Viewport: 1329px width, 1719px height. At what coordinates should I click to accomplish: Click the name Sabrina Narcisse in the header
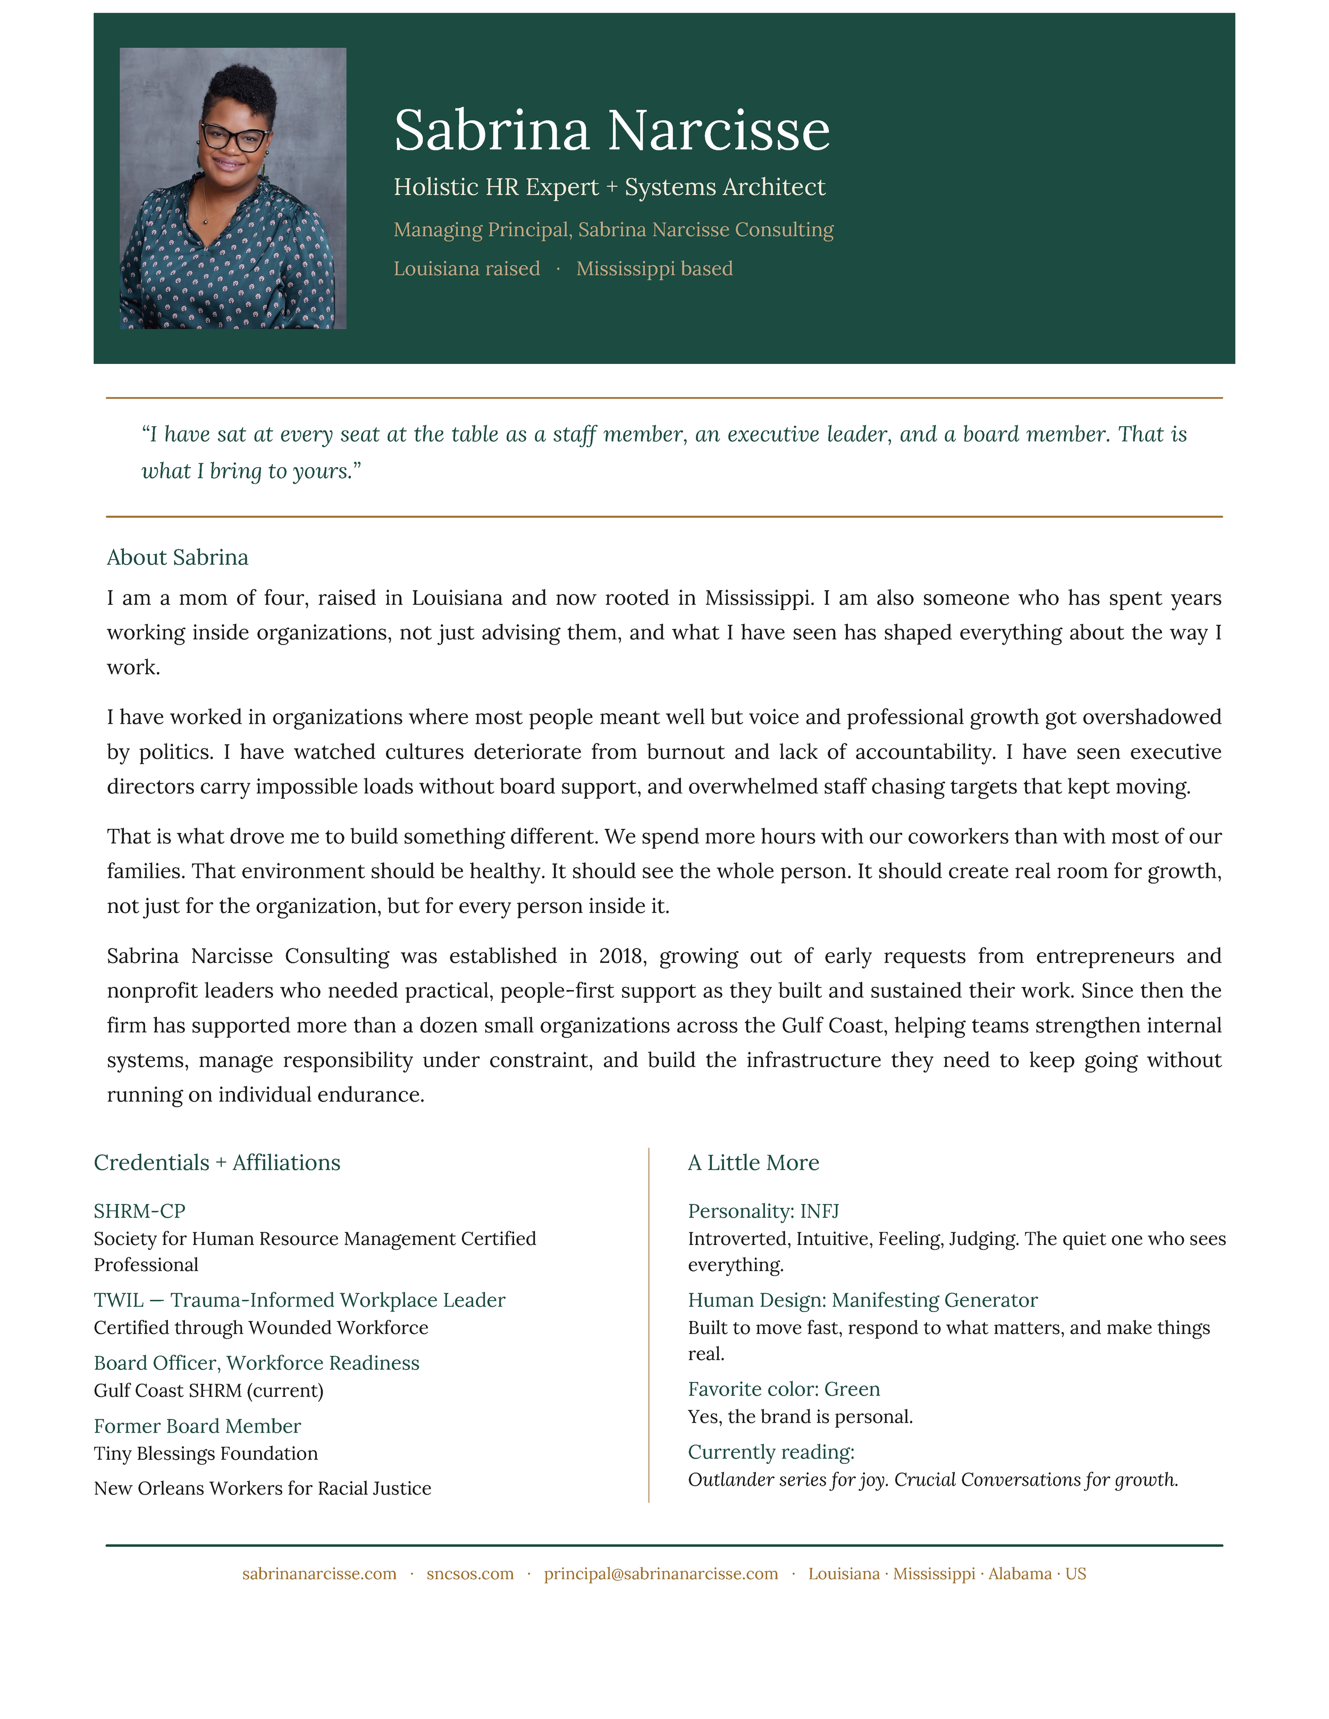click(612, 130)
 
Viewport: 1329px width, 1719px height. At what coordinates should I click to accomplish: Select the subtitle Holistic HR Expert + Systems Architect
click(609, 188)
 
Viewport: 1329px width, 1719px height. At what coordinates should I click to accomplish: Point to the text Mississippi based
click(654, 269)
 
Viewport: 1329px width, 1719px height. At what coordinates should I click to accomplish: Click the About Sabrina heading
click(177, 557)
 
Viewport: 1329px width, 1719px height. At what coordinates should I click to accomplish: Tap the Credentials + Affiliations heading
click(216, 1163)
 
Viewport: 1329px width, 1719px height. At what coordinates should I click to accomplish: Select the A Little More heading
click(753, 1163)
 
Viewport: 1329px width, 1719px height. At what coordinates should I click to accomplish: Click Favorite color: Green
click(784, 1388)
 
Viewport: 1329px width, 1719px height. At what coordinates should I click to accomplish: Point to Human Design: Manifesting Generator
click(862, 1300)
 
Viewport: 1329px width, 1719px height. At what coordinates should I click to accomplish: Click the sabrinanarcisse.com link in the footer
click(319, 1573)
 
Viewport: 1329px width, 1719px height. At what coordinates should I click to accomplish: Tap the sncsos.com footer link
click(470, 1573)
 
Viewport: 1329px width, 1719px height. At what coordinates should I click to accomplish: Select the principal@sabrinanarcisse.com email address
click(661, 1573)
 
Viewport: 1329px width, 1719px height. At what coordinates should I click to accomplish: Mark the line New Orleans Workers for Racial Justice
click(262, 1488)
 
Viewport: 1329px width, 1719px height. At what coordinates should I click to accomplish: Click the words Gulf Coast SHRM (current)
click(208, 1390)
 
